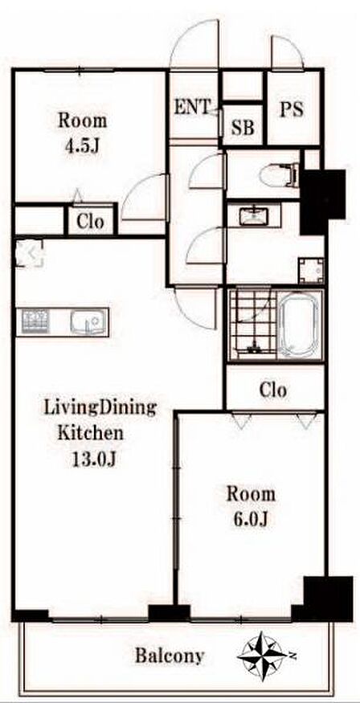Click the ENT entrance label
[192, 108]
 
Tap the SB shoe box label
[243, 127]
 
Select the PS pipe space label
[292, 109]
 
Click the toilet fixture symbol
[280, 174]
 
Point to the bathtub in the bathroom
[299, 326]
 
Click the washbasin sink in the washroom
[255, 217]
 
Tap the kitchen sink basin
[88, 321]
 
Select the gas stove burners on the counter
[35, 321]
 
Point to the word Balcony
[170, 656]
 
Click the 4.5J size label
[83, 146]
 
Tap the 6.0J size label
[251, 519]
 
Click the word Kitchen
[91, 433]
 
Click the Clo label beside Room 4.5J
[90, 221]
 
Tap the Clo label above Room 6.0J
[272, 390]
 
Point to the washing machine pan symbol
[311, 270]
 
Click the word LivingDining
[100, 409]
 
